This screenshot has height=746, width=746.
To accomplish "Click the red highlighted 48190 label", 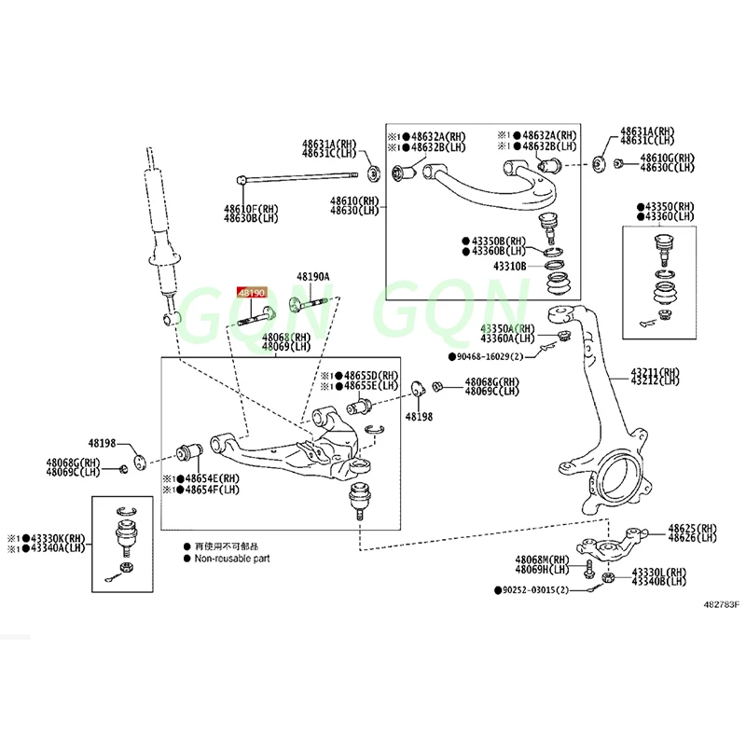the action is [252, 292].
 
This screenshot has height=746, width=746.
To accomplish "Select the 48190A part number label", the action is [313, 277].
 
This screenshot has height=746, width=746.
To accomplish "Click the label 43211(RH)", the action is [655, 369].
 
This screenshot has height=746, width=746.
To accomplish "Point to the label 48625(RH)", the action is [692, 528].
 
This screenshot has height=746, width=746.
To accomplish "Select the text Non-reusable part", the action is [234, 559].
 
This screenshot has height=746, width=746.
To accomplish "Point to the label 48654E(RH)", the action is [212, 477].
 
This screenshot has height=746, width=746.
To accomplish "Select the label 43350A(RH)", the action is [507, 328].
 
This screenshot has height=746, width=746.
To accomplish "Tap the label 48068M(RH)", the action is [543, 559].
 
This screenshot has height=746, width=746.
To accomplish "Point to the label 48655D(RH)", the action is [370, 374].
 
